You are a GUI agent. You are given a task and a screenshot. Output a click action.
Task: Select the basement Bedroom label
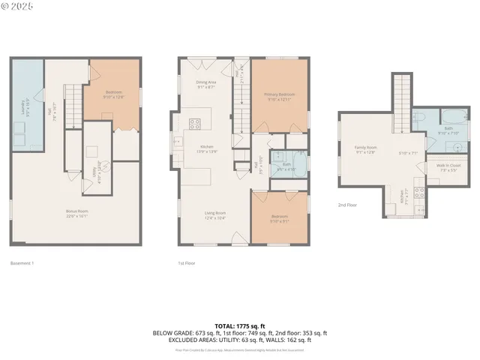click(x=113, y=94)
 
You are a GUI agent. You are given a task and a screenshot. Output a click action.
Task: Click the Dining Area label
click(x=207, y=84)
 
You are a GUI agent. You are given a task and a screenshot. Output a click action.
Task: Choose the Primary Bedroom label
click(x=279, y=96)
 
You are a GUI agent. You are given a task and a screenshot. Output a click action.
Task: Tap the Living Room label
click(x=215, y=215)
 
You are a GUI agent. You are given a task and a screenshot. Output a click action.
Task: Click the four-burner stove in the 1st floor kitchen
click(x=195, y=124)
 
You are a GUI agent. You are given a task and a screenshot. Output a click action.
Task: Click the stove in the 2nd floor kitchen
click(x=418, y=191)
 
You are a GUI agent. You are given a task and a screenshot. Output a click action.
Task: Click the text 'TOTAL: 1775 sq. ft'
click(x=239, y=325)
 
